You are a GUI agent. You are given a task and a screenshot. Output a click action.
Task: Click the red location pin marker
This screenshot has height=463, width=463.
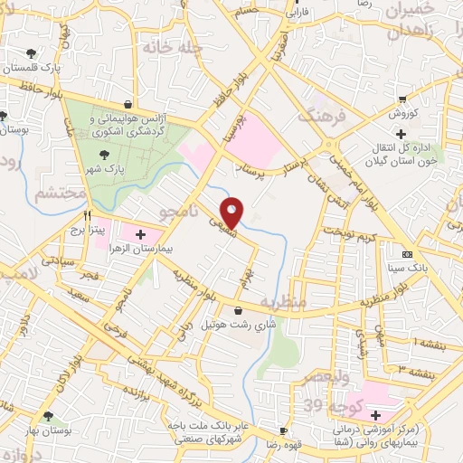tap(232, 212)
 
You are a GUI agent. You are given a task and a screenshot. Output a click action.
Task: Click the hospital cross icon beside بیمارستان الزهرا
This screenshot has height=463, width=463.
tap(139, 234)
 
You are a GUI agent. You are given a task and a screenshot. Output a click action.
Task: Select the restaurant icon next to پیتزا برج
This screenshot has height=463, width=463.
tap(88, 215)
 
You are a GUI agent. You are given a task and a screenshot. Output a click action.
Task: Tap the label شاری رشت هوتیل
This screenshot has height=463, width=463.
tap(237, 323)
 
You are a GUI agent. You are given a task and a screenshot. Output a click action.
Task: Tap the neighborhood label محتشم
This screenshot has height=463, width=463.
tap(61, 194)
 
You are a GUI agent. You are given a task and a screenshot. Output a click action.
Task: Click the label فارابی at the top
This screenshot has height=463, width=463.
tap(298, 14)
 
